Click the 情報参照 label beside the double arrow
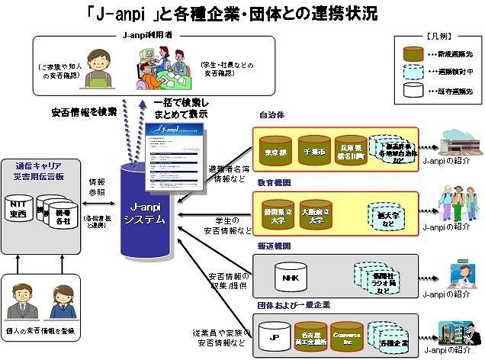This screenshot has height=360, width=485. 97,187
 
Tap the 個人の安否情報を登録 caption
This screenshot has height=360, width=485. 50,333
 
